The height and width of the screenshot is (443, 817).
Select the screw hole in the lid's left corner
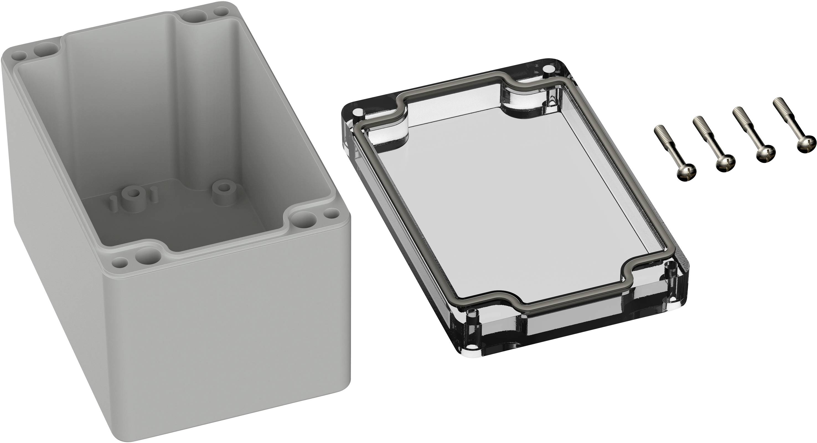click(358, 112)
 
